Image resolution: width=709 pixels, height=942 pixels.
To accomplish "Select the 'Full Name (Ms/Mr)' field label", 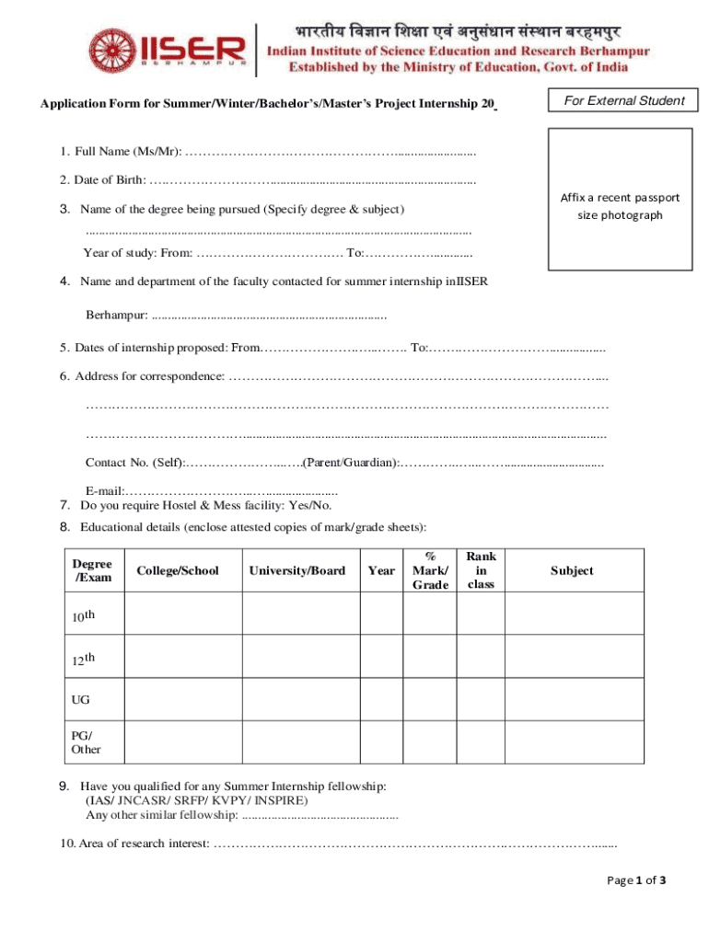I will click(121, 150).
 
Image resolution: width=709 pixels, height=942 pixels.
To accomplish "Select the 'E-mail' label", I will click(104, 490).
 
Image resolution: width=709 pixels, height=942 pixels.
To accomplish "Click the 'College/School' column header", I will click(178, 571).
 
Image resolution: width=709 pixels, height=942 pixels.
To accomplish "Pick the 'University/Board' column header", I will click(297, 571).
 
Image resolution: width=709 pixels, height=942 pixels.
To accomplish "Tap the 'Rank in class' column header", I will click(481, 570).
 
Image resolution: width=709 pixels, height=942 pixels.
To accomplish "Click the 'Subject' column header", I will click(572, 571).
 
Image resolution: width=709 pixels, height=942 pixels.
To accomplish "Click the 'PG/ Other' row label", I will click(86, 741).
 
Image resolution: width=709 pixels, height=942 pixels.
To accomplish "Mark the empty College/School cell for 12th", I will click(182, 659).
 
